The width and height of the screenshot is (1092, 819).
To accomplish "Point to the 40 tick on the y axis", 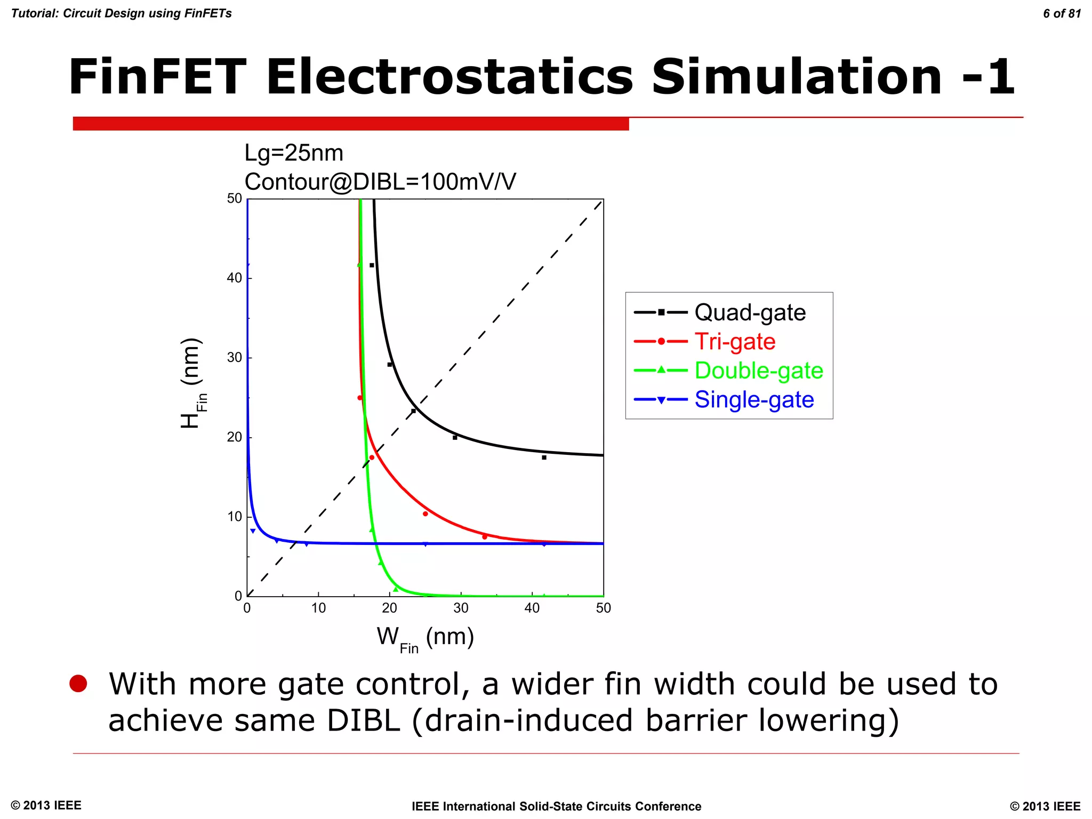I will [234, 278].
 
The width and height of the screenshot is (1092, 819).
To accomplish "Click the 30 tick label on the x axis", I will [461, 608].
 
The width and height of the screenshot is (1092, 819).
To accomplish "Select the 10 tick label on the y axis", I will [234, 517].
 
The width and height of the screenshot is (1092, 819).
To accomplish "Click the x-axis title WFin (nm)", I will [425, 638].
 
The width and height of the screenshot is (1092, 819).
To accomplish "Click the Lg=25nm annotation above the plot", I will [294, 153].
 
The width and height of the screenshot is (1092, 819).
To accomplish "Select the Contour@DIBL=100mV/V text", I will [380, 182].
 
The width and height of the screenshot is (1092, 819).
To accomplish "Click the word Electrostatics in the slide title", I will [449, 77].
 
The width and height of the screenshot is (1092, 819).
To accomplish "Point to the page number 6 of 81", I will [1062, 14].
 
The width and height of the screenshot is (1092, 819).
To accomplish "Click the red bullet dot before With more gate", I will [78, 684].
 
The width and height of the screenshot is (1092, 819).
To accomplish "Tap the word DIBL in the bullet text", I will [363, 720].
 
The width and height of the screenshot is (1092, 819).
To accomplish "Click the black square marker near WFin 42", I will [544, 457].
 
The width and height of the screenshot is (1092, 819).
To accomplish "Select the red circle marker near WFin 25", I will [425, 514].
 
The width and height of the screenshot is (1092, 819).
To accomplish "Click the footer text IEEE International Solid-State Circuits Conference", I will [556, 806].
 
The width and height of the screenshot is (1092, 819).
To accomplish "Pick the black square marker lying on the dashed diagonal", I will [413, 411].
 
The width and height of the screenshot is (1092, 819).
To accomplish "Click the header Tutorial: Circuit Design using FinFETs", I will [122, 14].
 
